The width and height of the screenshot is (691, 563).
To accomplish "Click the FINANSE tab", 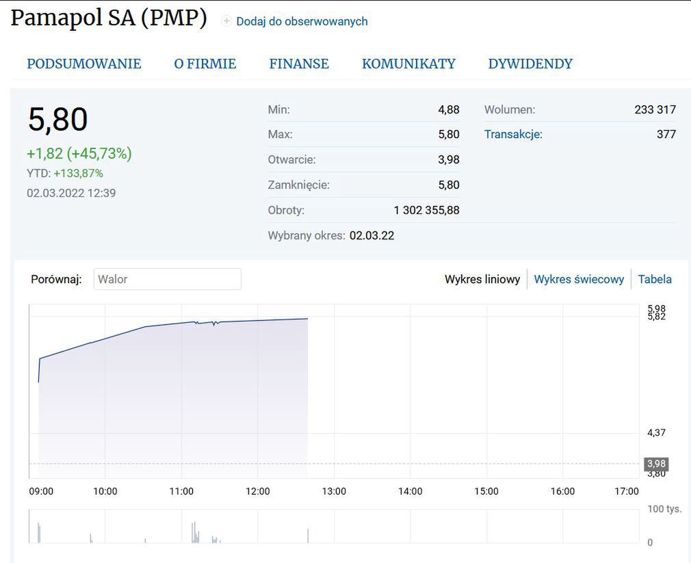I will coord(299,64).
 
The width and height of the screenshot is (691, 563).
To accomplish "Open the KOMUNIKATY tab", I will coord(408,64).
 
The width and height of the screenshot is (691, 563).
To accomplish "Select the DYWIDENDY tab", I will coord(530,64).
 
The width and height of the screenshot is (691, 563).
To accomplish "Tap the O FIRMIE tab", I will coord(205,64).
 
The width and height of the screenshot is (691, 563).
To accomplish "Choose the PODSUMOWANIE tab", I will coord(84,64).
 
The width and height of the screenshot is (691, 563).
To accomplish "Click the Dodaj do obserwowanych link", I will coord(302,21).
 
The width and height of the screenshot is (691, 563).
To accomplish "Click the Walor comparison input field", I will coord(167,279).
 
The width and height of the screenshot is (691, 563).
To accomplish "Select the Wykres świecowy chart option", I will coord(579,279).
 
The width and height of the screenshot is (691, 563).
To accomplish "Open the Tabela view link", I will coord(655,279).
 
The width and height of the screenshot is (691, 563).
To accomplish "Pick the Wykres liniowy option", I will coord(482,279).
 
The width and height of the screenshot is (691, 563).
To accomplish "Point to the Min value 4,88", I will coord(449,109).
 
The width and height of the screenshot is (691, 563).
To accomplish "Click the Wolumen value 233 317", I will coord(655,109).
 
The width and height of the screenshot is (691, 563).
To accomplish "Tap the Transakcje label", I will coord(513,134).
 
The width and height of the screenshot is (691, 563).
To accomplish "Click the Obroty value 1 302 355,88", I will coord(426,210).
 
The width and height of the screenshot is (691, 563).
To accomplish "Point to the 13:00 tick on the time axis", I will coord(334,491).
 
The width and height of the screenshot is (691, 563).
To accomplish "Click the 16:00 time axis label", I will coord(562,491).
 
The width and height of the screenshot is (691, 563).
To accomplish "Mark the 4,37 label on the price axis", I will coord(656,432).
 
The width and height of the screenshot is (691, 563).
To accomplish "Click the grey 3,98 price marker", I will coord(656,464).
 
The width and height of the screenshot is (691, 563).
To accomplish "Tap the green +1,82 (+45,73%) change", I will coord(79,153).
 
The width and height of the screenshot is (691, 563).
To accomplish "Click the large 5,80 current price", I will coord(58,120).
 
